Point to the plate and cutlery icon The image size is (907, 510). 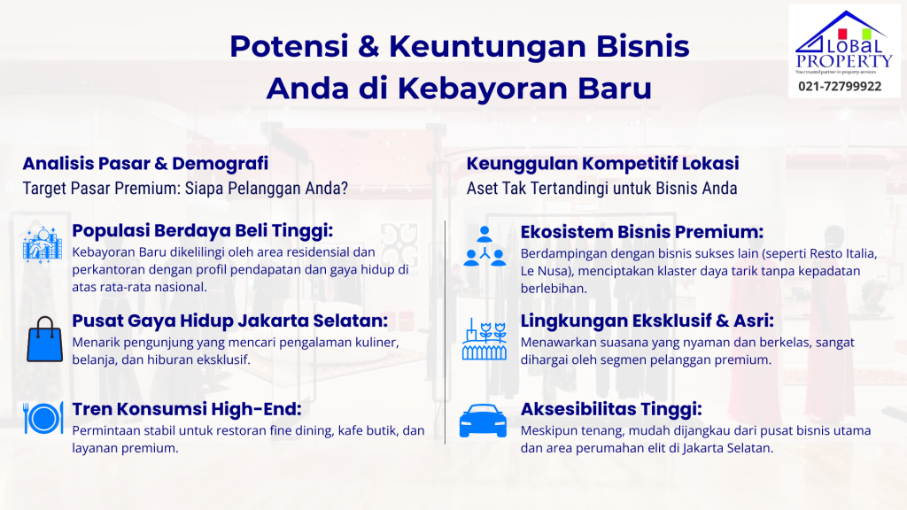pos(43,417)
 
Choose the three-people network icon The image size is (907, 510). pos(484,245)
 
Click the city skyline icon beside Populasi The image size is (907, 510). pos(42,245)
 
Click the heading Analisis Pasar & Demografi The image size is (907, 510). pos(145,164)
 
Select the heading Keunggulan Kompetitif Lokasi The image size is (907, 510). pos(602,164)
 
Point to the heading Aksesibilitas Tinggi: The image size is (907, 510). pos(611,409)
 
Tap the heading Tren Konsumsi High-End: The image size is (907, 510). pos(187,409)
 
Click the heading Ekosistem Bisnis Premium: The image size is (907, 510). pos(642,232)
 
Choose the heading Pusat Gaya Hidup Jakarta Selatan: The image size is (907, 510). pos(230,320)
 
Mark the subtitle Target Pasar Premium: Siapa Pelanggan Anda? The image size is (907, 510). pos(185,189)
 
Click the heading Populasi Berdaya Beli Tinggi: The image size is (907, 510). pos(202,232)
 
